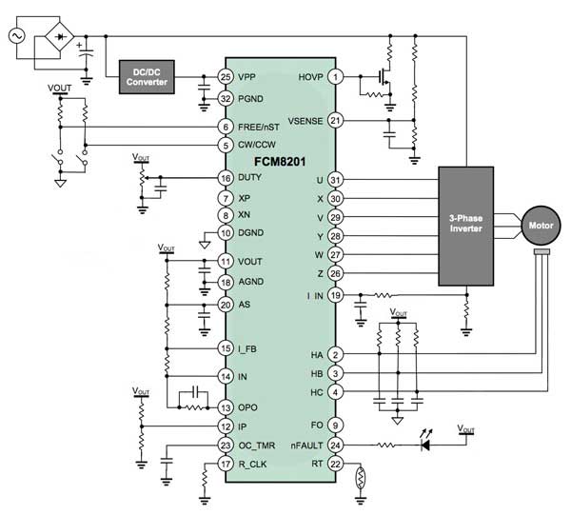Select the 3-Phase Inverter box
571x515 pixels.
(467, 227)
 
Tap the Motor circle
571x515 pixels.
(541, 227)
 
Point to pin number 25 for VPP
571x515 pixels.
(226, 75)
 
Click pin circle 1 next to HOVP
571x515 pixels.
(335, 75)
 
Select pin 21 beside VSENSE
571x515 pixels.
(335, 120)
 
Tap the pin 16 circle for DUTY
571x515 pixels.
(226, 178)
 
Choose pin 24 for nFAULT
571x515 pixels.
(335, 445)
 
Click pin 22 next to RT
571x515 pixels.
(335, 464)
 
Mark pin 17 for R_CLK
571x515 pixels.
(226, 464)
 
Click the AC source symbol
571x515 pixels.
(16, 35)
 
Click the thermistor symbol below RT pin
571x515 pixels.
(360, 479)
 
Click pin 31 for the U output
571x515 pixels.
(335, 180)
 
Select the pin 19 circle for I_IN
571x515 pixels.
(335, 295)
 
